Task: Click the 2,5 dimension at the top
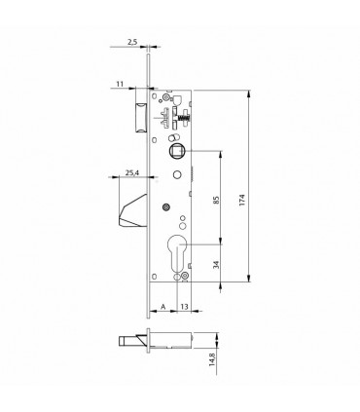(131, 43)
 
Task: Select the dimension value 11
(118, 86)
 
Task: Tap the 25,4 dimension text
(132, 174)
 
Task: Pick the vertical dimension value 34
(217, 263)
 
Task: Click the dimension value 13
(184, 305)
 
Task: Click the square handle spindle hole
(177, 151)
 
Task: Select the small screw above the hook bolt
(167, 206)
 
